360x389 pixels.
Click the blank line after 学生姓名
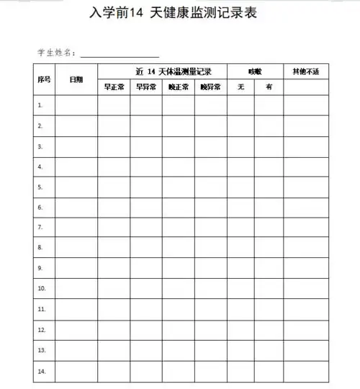coord(120,54)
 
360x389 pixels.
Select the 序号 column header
coord(43,79)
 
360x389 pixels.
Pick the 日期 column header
coord(76,79)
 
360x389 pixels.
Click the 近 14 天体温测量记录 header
coord(162,71)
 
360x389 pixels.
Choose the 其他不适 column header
coord(305,71)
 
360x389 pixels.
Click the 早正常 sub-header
coord(114,87)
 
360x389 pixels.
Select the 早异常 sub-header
coord(145,87)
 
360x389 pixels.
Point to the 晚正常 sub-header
coord(178,87)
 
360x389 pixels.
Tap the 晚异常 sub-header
coord(210,87)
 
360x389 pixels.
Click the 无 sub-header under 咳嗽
coord(240,87)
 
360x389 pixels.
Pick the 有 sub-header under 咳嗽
coord(269,87)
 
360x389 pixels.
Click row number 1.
coord(40,105)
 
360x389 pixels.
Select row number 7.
coord(40,227)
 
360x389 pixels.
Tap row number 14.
coord(41,371)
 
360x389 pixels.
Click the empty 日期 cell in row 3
coord(76,146)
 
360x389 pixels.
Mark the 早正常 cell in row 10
coord(114,288)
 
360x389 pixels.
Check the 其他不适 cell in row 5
coord(305,187)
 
